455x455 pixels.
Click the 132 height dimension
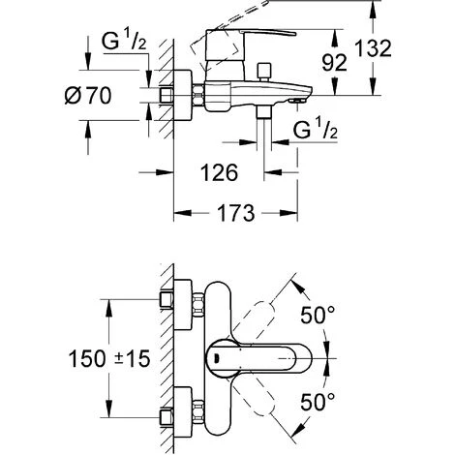(373, 48)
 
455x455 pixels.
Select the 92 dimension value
(334, 62)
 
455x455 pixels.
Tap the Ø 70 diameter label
(88, 95)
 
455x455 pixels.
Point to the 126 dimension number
(219, 172)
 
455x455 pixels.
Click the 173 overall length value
(236, 213)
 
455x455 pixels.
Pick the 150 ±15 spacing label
(109, 359)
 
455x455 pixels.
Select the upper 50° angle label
(318, 315)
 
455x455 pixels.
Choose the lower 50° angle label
(318, 402)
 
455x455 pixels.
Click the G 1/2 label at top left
(124, 41)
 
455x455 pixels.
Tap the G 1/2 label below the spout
(316, 129)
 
